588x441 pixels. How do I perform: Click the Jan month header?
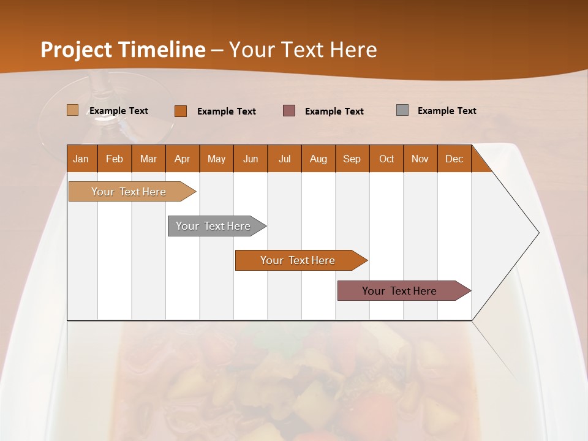pos(81,159)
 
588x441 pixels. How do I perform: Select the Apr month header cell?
pos(183,159)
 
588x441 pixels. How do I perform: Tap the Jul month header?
pos(284,159)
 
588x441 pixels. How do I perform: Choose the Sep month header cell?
pos(352,159)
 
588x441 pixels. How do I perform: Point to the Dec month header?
pos(454,159)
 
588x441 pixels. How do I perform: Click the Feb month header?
pos(115,159)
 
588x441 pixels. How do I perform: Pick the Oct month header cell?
pos(386,159)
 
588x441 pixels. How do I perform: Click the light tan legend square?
pos(73,110)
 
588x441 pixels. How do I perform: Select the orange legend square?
pos(181,111)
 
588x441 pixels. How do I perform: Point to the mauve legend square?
pos(289,111)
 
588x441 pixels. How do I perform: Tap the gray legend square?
pos(402,110)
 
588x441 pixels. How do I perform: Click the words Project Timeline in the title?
pos(123,50)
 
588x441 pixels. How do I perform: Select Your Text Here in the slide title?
pos(303,50)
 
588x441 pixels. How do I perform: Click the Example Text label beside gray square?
pos(447,111)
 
